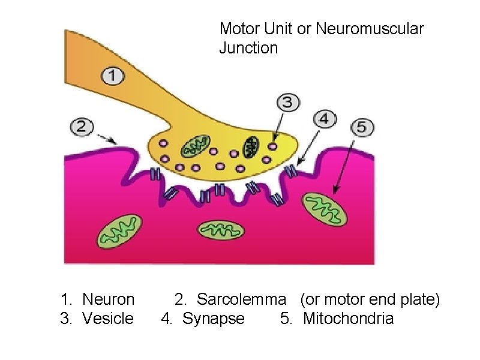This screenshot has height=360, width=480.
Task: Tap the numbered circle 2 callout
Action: point(82,127)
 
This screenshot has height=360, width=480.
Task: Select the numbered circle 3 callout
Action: point(288,102)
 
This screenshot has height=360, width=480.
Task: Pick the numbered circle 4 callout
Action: point(324,119)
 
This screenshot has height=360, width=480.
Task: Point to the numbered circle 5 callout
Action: point(362,127)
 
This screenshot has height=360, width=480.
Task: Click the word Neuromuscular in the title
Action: point(370,28)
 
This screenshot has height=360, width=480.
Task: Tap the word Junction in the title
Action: point(248,48)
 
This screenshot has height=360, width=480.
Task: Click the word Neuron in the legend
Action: point(108,299)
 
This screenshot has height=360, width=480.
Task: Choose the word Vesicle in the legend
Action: point(108,318)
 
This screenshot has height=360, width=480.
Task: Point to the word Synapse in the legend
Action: point(214,318)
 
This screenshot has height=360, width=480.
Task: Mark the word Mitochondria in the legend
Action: point(349,318)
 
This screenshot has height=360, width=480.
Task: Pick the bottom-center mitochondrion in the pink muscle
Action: point(220,230)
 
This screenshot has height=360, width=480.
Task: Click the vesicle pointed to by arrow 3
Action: point(274,146)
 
